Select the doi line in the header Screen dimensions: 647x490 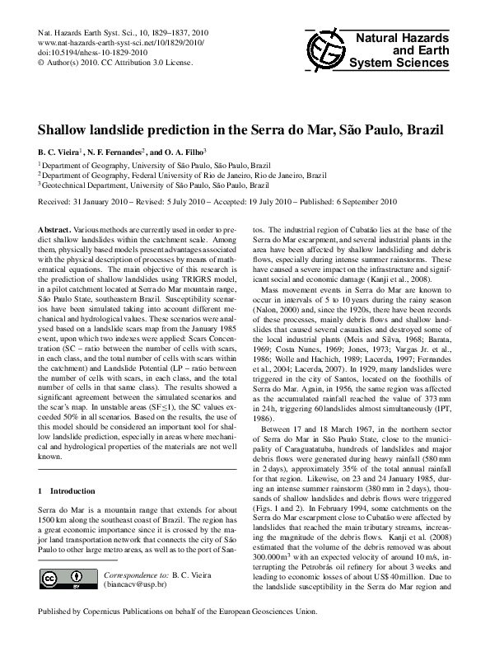point(86,51)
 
